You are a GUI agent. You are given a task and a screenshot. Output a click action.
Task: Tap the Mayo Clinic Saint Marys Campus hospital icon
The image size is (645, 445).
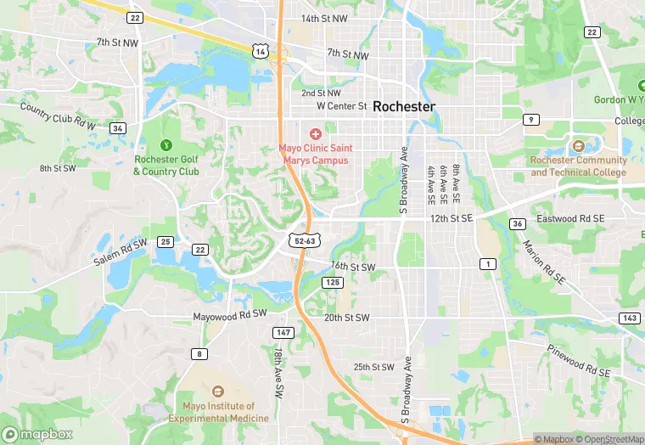coord(316,134)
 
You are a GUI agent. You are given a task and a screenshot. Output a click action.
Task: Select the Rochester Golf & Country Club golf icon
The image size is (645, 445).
coord(165,145)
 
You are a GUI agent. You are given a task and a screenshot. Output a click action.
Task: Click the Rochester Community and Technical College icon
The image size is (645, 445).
coord(579,147)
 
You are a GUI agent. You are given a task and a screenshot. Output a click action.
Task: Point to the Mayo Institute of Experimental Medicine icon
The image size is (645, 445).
coord(218,391)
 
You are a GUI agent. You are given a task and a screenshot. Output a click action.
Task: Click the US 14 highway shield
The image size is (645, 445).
coord(259,53)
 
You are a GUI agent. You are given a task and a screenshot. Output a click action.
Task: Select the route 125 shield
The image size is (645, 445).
coord(332,282)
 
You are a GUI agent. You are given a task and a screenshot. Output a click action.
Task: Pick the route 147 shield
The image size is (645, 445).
coord(283,332)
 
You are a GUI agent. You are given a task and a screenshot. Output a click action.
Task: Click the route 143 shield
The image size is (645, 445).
coord(629,318)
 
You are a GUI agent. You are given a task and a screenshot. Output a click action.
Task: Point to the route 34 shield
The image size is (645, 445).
coord(118,128)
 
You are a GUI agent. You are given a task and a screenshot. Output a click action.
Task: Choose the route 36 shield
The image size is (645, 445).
coord(516,224)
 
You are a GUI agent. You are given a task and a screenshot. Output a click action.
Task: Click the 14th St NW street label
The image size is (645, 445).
coord(324,18)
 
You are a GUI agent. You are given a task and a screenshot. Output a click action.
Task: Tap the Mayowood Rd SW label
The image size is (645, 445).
coord(230,314)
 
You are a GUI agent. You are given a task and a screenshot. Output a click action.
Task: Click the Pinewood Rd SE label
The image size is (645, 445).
coord(578,358)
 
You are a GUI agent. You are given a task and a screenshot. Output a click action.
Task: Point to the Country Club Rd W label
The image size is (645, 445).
coord(59,116)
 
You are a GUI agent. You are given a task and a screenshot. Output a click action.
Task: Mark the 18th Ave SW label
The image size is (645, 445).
coord(278,373)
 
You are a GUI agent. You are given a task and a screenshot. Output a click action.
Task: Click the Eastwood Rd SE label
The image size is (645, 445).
coord(570,219)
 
